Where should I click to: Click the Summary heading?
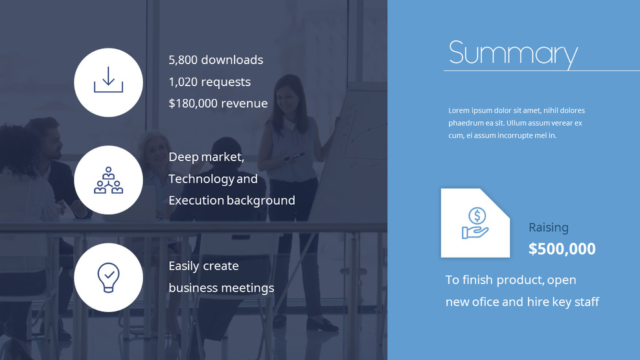(512, 54)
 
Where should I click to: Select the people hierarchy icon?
(108, 180)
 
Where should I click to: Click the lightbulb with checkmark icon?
(108, 277)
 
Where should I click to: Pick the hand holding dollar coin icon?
(475, 223)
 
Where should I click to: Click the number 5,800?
(183, 60)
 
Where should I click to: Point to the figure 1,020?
(183, 82)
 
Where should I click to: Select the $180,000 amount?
(192, 104)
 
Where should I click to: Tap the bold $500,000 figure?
(562, 249)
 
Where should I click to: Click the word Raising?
(548, 227)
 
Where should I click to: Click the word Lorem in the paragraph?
(459, 111)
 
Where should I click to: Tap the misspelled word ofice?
(485, 302)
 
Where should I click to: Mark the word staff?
(586, 302)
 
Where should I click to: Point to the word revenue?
(244, 104)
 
